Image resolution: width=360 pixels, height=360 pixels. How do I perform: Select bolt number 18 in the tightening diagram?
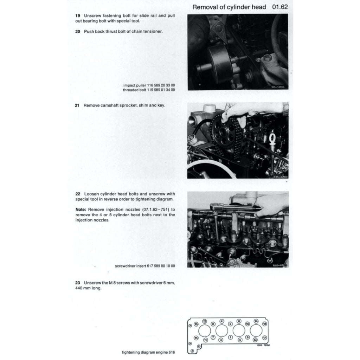coord(265,323)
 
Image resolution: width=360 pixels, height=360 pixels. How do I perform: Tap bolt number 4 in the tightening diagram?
coord(221,321)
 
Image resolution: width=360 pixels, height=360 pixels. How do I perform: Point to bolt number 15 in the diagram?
coord(196,337)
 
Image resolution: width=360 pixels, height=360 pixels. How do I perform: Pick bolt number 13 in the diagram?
coord(256,340)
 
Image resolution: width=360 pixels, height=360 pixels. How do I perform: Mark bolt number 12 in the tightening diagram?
coord(205,321)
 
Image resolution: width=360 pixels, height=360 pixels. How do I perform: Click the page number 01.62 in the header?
coord(280,7)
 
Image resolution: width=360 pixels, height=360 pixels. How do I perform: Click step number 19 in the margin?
coord(78,16)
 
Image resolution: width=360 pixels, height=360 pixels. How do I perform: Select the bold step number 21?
coord(78,105)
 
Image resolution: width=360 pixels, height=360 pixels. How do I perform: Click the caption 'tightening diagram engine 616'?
coord(148,352)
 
